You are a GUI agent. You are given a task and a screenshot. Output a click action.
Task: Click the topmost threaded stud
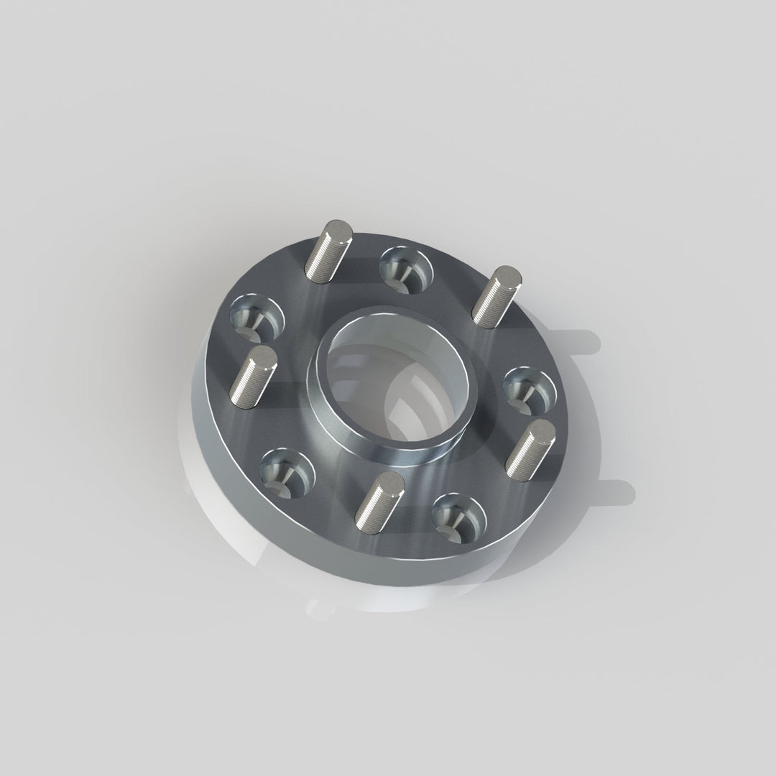(328, 251)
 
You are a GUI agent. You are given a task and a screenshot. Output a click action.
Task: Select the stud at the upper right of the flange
(496, 296)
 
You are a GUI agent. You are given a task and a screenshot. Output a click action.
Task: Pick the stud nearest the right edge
(530, 449)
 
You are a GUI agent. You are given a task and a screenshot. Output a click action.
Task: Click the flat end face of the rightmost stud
(541, 430)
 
